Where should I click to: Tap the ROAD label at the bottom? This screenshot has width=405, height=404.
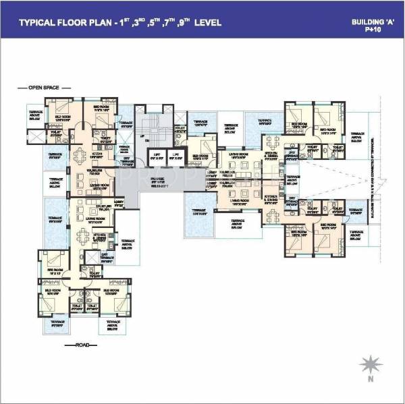click(x=82, y=344)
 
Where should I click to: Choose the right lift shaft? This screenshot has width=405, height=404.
click(x=175, y=161)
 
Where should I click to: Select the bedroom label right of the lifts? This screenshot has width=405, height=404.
click(x=202, y=156)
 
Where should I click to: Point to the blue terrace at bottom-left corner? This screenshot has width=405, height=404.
click(x=55, y=325)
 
